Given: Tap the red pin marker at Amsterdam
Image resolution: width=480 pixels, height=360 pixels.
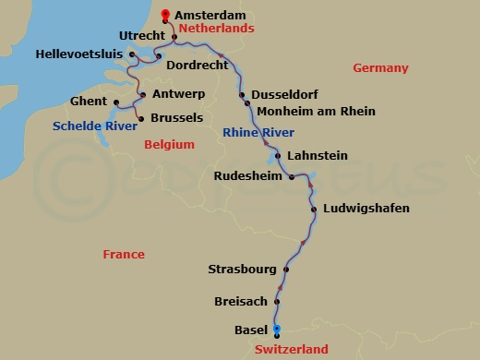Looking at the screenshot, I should point(165,14).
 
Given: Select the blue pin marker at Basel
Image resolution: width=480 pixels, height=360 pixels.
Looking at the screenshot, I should point(276,330).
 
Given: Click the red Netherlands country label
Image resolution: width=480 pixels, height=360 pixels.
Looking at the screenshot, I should point(216,29).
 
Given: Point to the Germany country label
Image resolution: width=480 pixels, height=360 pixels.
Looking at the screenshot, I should point(380,68).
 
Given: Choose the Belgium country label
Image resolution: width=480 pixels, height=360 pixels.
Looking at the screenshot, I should point(170,145).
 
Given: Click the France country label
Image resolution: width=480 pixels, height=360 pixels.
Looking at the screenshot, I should point(124,254).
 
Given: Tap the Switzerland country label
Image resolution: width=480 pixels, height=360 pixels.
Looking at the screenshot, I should point(292,350).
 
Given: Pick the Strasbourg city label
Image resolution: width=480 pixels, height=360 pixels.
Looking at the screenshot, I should point(243,270).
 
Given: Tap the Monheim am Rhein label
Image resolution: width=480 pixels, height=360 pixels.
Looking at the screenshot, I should point(316,112).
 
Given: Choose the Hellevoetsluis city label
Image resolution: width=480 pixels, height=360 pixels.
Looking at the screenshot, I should point(79,55).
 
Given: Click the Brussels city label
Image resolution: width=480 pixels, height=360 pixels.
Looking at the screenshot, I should point(175,118).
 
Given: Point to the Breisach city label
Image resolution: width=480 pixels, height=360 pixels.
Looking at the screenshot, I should point(240,300).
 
